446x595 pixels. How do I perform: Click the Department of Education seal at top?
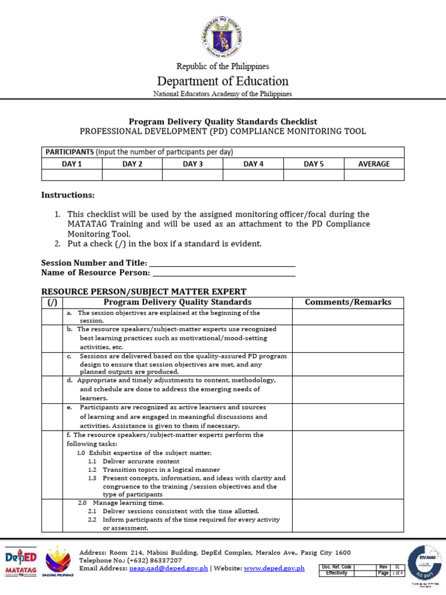pos(222,39)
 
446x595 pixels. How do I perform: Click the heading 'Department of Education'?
pos(222,81)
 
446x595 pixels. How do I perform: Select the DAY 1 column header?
pos(72,164)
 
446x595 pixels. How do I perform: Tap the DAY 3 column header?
pos(193,164)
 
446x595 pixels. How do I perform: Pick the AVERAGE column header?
pos(374,164)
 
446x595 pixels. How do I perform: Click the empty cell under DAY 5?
pos(314,175)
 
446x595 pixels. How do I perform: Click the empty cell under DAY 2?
pos(132,175)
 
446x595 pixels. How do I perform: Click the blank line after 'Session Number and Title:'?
pos(222,263)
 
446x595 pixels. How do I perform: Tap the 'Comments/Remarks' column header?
pos(348,302)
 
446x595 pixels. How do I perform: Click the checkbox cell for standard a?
pos(52,316)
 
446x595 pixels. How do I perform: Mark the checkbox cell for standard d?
pos(52,389)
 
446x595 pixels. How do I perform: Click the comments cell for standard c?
pos(348,364)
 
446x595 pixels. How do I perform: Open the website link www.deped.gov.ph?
pos(274,568)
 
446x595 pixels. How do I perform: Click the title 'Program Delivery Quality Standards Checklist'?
pos(222,121)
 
